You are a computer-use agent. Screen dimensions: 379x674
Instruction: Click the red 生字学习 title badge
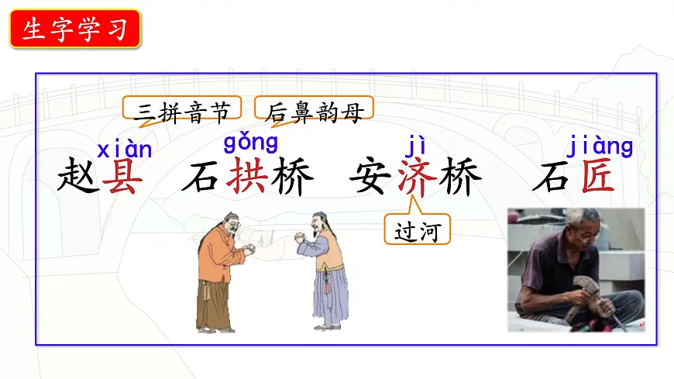tap(75, 30)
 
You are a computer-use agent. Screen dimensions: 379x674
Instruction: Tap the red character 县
tap(124, 177)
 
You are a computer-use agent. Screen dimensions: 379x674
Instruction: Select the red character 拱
tap(248, 177)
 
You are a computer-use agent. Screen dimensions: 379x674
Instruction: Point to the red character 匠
tap(597, 177)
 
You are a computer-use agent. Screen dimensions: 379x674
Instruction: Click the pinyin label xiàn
tap(124, 148)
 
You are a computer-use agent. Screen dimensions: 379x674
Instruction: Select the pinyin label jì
tap(415, 145)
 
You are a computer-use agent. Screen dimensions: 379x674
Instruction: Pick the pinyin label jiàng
tap(600, 145)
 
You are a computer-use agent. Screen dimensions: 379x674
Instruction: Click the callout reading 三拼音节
tap(182, 113)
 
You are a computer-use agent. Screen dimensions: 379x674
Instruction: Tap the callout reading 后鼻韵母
tap(315, 113)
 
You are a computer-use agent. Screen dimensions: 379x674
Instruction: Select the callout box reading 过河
tap(417, 230)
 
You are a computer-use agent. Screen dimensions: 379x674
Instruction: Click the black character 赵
tap(78, 177)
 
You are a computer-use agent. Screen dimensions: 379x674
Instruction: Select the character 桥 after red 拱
tap(292, 177)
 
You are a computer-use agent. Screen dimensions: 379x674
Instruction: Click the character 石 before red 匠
tap(552, 177)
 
